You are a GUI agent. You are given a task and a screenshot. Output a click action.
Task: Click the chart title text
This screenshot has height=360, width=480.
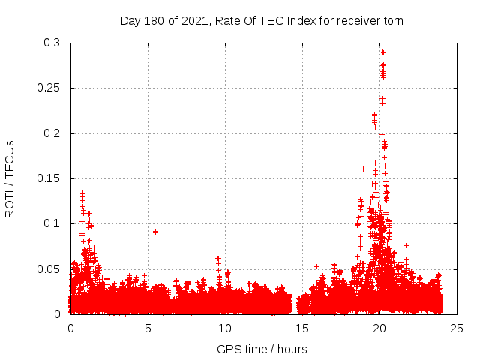point(262,20)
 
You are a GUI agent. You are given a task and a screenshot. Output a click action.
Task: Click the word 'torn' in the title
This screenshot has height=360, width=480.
point(391,20)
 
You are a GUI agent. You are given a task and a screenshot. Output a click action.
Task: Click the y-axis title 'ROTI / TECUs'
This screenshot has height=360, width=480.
point(10,178)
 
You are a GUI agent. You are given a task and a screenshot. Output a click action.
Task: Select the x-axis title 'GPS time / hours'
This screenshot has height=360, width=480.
point(262,349)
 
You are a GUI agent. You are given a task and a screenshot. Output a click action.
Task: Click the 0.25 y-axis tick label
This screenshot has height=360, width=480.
point(47,88)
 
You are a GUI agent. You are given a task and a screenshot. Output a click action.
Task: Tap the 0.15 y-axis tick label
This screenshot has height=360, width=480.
point(47,178)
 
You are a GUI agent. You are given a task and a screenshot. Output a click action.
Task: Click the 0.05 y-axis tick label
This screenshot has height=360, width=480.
point(47,268)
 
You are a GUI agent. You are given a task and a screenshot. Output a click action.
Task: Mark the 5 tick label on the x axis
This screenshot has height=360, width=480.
point(148,328)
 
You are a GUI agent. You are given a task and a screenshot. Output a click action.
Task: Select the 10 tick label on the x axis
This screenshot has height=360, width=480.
point(225,328)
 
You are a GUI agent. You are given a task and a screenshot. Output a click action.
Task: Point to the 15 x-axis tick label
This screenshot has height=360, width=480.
point(302,328)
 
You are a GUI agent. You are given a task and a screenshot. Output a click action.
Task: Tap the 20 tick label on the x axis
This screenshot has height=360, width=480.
point(379,328)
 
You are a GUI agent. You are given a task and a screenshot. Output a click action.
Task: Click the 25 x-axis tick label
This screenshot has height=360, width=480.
point(457,328)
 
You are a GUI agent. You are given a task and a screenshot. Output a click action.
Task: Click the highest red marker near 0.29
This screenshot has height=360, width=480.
point(383,52)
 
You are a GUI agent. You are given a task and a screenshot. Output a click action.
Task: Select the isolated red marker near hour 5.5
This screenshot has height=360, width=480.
point(155,232)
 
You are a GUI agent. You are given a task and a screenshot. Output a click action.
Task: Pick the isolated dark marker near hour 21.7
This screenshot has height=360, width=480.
point(406,245)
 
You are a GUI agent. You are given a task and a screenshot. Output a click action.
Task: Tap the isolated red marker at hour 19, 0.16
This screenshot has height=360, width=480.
point(364,169)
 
